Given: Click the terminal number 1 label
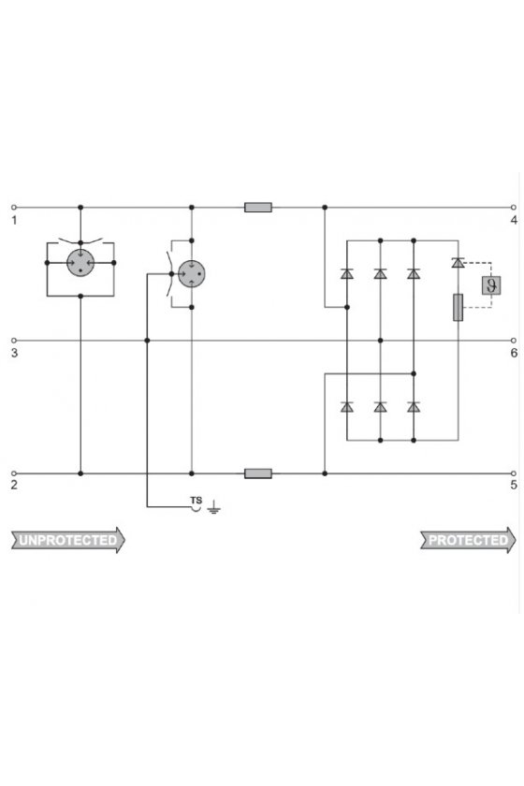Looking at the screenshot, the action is [14, 220].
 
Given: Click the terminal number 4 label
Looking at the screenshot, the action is [514, 220].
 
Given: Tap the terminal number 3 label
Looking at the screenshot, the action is [14, 353].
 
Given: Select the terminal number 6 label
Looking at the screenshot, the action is [514, 353].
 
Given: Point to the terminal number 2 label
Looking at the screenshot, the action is [14, 485].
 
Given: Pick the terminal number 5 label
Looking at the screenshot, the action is [514, 485].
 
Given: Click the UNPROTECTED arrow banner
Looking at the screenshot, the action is [68, 541].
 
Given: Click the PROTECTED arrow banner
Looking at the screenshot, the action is [468, 541].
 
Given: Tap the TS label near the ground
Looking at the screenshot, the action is [196, 501].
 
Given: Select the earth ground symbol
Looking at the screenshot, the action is [214, 508].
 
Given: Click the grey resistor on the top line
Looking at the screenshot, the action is [258, 208].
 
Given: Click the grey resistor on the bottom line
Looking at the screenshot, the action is [258, 473].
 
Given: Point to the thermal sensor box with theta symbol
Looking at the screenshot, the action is [491, 285].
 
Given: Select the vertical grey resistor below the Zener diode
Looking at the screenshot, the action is [458, 307].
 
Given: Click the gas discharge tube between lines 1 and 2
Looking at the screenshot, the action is [80, 263].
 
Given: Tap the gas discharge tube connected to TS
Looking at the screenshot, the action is [191, 273].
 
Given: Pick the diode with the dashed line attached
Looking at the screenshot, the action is [458, 262].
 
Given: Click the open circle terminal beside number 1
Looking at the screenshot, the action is [14, 208].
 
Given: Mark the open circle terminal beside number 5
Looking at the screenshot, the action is [514, 473].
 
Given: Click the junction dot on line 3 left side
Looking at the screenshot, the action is [147, 341].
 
